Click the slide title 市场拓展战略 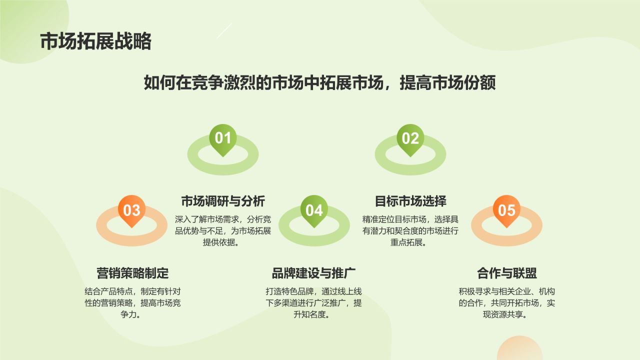point(95,41)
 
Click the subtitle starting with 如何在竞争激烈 point(319,82)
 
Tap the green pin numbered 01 point(222,138)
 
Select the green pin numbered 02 point(410,138)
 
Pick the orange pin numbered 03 point(131,210)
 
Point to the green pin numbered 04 point(314,210)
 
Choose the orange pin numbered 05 point(506,210)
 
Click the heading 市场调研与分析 point(222,201)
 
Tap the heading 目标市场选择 point(410,201)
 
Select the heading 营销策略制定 point(132,273)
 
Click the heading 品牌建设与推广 point(313,273)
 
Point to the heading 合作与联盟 point(506,273)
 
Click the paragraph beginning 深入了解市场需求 point(222,230)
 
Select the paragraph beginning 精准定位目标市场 point(410,230)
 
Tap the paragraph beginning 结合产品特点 point(132,303)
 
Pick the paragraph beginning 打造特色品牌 point(313,303)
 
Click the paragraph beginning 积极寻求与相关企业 point(506,303)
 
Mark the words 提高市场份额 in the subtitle point(447,82)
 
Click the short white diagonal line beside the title point(224,30)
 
